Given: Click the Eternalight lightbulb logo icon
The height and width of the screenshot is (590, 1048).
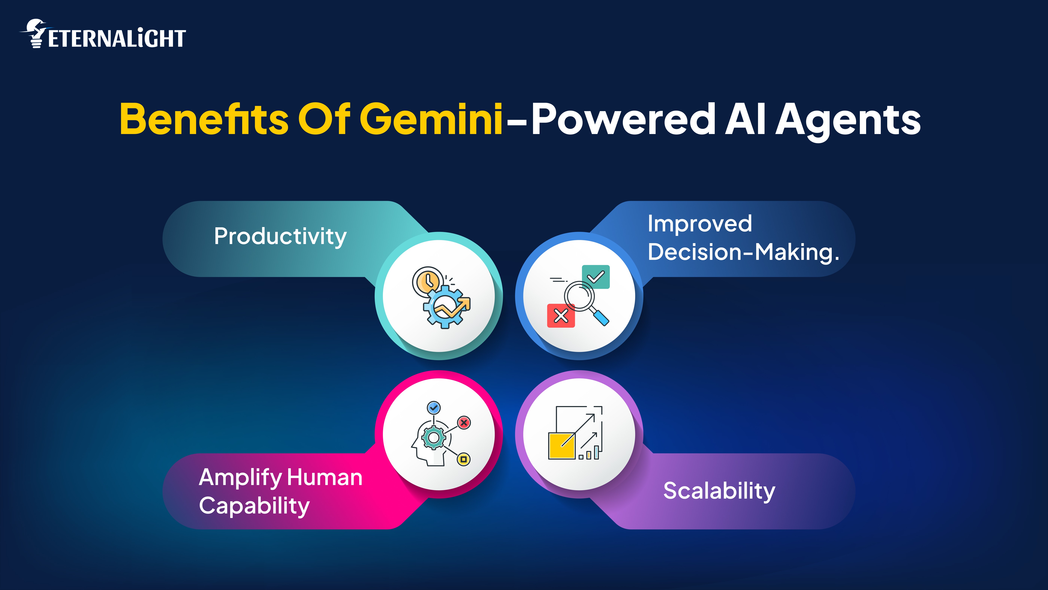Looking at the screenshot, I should pyautogui.click(x=36, y=33).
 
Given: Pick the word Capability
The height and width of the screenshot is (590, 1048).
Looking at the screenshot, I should pyautogui.click(x=254, y=506).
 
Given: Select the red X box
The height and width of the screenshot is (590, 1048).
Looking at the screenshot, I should pyautogui.click(x=561, y=315).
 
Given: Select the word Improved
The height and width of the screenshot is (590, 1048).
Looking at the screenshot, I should pyautogui.click(x=700, y=224).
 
